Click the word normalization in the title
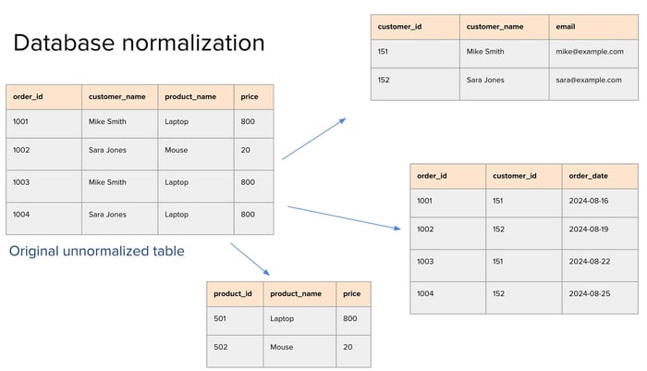tap(193, 43)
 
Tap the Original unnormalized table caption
tap(96, 251)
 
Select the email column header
tap(566, 27)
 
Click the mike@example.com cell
tap(590, 52)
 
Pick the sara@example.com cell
tap(589, 80)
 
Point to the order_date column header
tap(589, 176)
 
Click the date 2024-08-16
tap(589, 201)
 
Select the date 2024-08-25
tap(590, 293)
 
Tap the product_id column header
tap(233, 293)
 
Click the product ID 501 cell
tap(220, 318)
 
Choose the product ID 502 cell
tap(221, 347)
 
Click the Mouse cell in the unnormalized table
tap(177, 150)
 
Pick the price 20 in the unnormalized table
tap(246, 150)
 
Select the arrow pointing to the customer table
tap(314, 139)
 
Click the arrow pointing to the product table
tap(250, 259)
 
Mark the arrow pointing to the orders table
tap(344, 217)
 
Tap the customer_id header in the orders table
tap(515, 176)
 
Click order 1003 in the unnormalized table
tap(21, 182)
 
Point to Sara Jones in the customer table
tap(485, 80)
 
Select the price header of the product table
tap(351, 293)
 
